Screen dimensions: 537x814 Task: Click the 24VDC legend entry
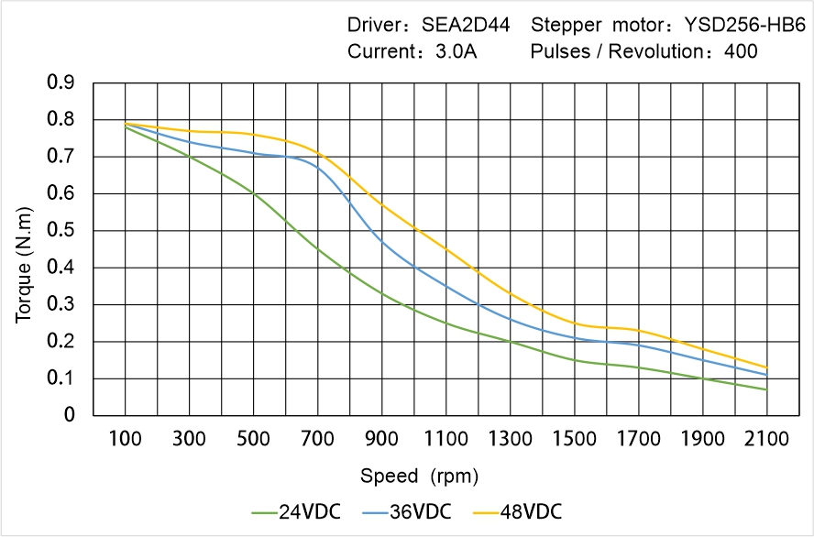[x=296, y=511]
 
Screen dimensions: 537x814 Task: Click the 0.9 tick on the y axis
[x=61, y=83]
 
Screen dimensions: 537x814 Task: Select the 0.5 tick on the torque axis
[x=61, y=231]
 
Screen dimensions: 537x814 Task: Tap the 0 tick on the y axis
[x=70, y=415]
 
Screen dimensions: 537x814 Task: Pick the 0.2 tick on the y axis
[x=61, y=342]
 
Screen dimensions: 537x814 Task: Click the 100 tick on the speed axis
[x=126, y=439]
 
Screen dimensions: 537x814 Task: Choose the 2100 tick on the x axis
[x=766, y=439]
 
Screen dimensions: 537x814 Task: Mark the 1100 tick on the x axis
[x=445, y=439]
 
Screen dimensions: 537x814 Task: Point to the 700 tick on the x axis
[x=318, y=439]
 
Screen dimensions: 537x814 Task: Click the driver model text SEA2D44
[x=467, y=25]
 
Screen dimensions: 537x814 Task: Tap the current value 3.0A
[x=455, y=51]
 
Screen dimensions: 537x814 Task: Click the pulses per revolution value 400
[x=741, y=51]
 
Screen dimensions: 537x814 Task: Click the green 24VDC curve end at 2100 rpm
[x=766, y=389]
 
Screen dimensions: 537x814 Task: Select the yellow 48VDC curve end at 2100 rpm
[x=766, y=367]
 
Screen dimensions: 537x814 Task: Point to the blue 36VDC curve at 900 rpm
[x=382, y=242]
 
